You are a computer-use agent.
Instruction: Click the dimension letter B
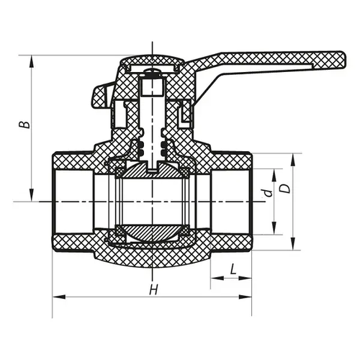tap(25, 125)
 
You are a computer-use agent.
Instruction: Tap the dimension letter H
tap(153, 289)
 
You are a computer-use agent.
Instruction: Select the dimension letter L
tap(233, 269)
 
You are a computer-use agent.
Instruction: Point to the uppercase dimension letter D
tap(285, 189)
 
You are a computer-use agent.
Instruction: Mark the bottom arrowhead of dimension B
tap(32, 195)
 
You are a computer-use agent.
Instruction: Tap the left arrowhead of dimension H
tap(59, 297)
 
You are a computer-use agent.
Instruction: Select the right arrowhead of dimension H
tap(245, 297)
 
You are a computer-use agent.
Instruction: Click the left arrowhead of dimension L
tap(217, 279)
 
